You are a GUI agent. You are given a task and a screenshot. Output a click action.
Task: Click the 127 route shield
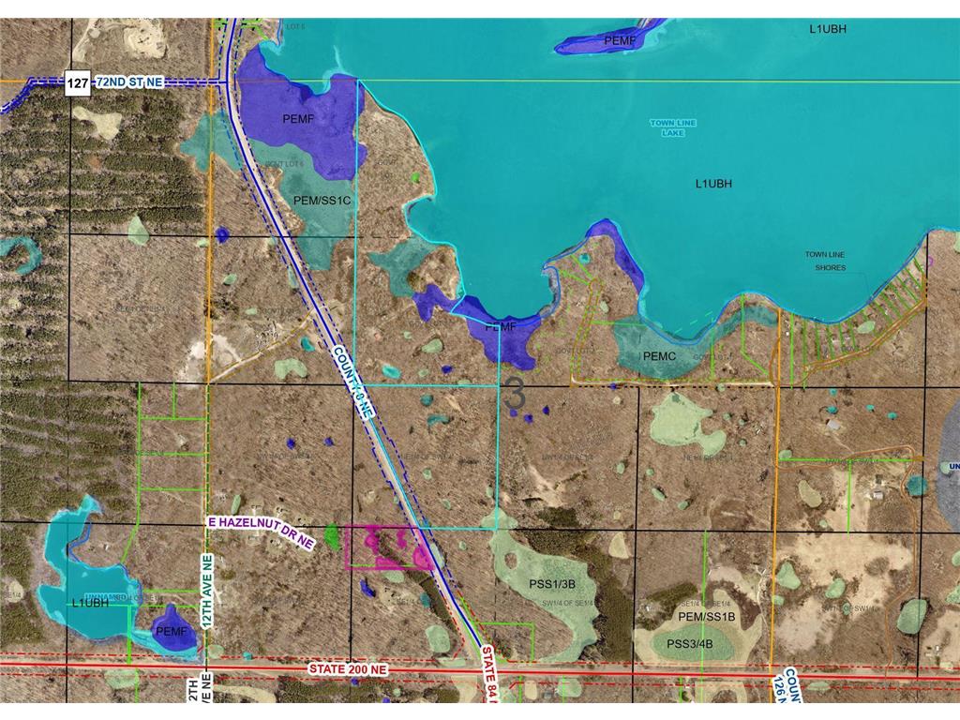(79, 83)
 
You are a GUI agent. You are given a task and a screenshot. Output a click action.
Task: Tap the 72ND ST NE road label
(128, 83)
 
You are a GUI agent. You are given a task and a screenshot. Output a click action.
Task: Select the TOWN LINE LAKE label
(667, 128)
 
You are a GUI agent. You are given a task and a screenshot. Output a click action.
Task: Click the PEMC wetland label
(660, 357)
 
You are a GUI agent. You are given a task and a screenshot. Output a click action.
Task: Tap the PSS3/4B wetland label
(690, 644)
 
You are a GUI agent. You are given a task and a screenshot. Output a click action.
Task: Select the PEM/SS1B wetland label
(706, 618)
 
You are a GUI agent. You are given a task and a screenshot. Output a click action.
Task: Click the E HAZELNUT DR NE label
(258, 531)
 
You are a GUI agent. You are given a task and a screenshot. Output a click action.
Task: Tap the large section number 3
(514, 394)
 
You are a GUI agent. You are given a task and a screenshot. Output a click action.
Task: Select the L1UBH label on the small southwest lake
(85, 603)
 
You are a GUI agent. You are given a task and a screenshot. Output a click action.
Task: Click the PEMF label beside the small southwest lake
(172, 632)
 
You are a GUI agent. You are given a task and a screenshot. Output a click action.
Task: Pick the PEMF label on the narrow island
(620, 40)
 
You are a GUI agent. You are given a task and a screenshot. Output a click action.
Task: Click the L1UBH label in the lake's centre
(713, 184)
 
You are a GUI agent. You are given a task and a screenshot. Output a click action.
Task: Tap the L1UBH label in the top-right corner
(828, 29)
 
